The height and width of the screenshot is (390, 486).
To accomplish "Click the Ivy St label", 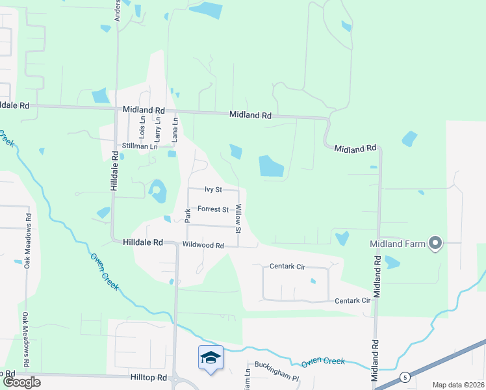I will click(213, 190).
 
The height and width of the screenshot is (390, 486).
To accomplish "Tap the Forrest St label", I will click(213, 210).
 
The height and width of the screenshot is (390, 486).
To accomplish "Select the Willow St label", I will click(238, 219).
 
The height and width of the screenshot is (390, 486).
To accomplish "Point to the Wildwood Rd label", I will click(203, 246).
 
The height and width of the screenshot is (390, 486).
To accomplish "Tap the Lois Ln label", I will click(142, 125).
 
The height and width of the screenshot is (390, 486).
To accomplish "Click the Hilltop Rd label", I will click(149, 377).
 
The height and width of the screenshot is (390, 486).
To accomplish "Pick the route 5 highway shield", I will click(405, 377).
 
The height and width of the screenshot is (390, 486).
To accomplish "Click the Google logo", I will click(21, 382).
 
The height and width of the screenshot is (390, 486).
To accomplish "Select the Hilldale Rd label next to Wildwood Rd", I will click(142, 242).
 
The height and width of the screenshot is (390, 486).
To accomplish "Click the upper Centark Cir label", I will click(287, 266).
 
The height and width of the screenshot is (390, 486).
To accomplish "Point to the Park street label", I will click(187, 216).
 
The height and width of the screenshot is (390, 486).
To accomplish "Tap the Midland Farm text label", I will click(398, 244).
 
